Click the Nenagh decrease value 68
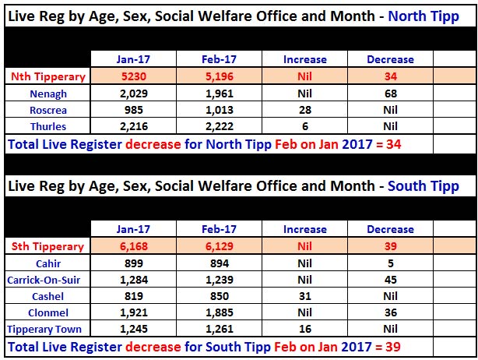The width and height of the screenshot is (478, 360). click(390, 93)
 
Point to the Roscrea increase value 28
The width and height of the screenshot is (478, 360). click(304, 109)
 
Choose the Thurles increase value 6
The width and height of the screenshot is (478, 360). click(304, 126)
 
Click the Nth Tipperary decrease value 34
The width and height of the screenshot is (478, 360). click(390, 76)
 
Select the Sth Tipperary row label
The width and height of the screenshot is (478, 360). click(47, 246)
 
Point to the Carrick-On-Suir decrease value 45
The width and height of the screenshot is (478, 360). click(390, 280)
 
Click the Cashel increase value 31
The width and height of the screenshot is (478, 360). click(304, 296)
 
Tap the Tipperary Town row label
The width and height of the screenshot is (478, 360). click(44, 329)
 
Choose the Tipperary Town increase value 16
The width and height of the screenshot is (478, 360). click(304, 329)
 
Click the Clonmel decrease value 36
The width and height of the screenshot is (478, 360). click(390, 312)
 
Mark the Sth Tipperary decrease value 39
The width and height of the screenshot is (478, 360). click(390, 246)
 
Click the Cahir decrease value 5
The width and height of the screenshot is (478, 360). click(390, 263)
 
